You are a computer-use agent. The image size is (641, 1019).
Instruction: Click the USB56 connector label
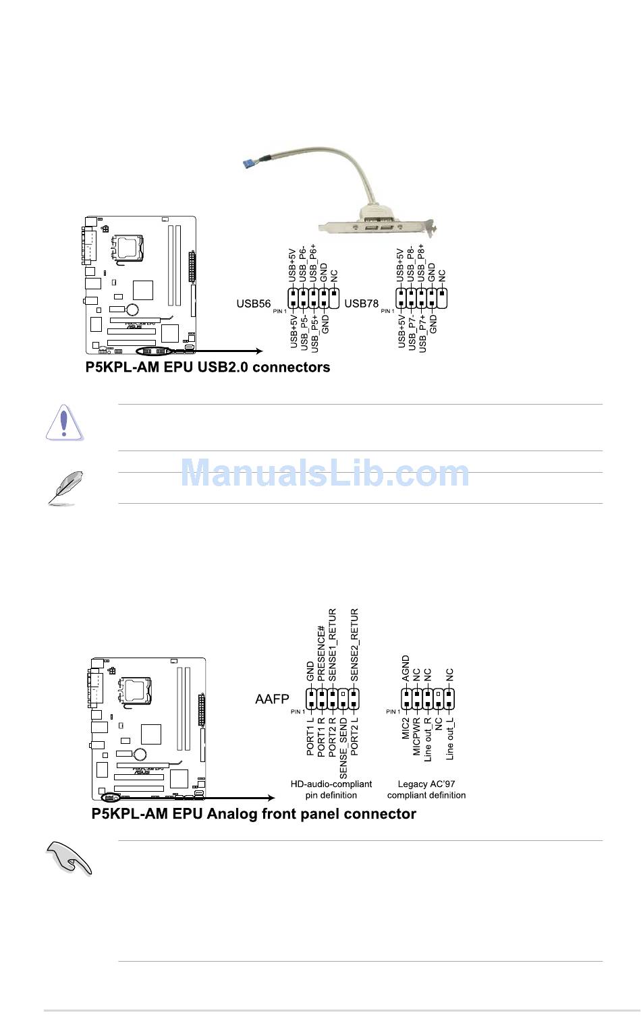254,303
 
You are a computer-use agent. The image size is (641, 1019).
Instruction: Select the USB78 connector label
362,303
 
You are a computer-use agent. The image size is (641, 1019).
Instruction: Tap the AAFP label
272,699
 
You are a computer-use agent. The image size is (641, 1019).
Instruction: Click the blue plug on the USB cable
250,162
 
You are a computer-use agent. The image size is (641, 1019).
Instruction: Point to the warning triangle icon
64,423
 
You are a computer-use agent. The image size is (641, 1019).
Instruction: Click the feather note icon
65,488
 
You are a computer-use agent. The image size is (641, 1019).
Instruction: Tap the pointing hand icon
69,858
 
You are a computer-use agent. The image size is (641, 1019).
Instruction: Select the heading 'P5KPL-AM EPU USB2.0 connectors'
208,368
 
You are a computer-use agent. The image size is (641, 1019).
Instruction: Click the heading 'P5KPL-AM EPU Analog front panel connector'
254,814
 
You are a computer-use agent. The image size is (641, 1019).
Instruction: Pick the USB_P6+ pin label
314,263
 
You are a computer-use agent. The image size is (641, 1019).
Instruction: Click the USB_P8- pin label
411,263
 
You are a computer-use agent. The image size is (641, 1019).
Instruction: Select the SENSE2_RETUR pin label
354,644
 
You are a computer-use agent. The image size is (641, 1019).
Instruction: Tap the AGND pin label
406,668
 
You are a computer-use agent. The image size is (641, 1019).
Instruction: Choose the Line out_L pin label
449,740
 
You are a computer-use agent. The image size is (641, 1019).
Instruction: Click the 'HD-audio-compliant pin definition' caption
331,790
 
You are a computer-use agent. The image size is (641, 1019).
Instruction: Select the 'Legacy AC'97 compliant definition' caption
426,790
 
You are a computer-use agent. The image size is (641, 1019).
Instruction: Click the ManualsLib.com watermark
325,473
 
